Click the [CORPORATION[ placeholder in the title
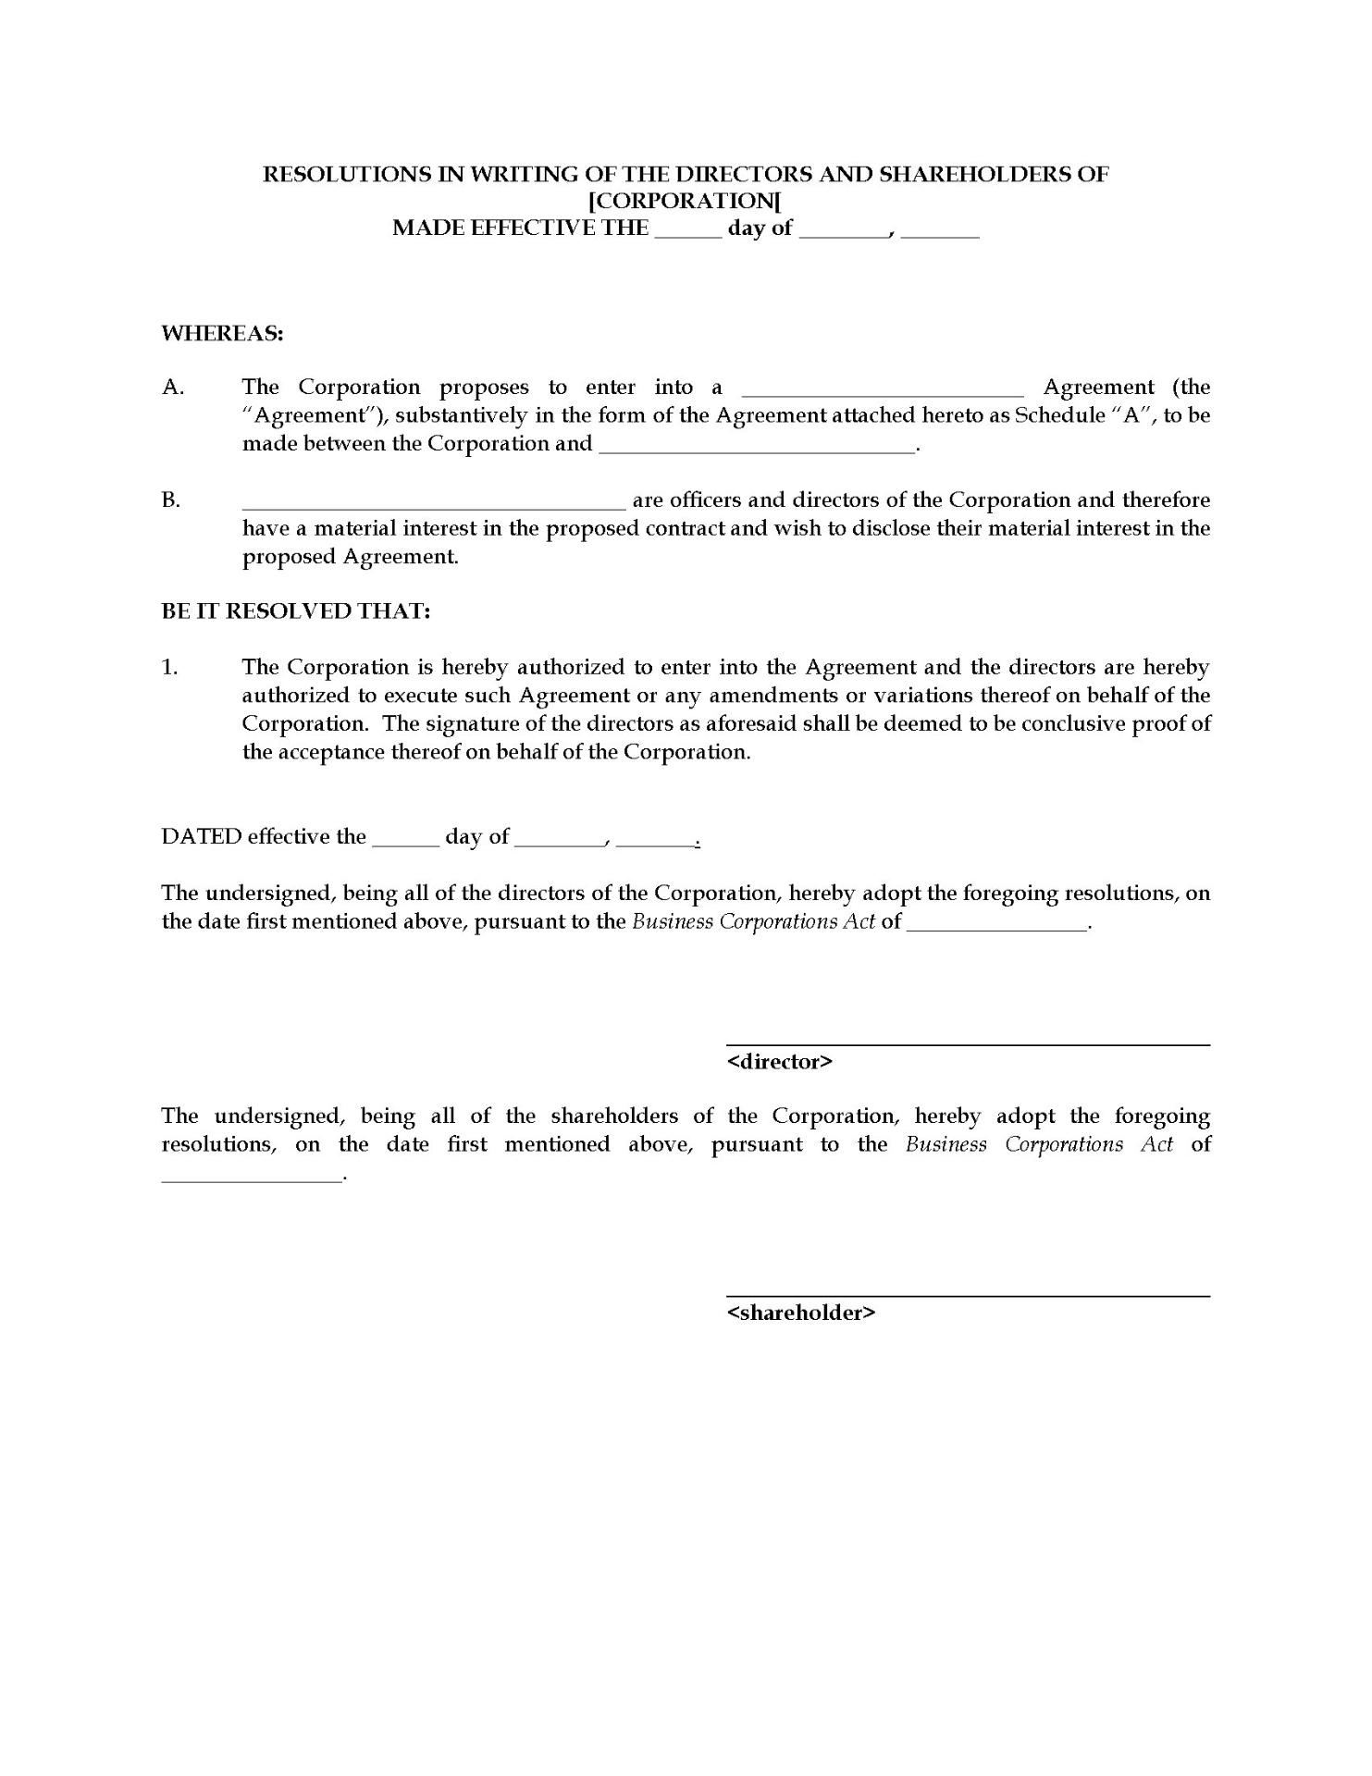pos(686,201)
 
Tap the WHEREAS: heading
pos(222,333)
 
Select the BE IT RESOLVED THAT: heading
pos(296,611)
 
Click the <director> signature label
pos(780,1061)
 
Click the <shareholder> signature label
pos(801,1312)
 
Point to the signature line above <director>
pos(968,1045)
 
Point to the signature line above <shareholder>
pos(968,1296)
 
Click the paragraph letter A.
pos(173,388)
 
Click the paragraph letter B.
pos(171,500)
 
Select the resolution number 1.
pos(169,667)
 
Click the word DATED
pos(202,836)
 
